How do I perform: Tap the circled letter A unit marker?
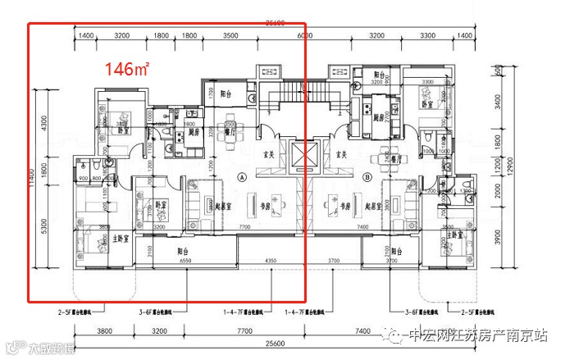point(242,176)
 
